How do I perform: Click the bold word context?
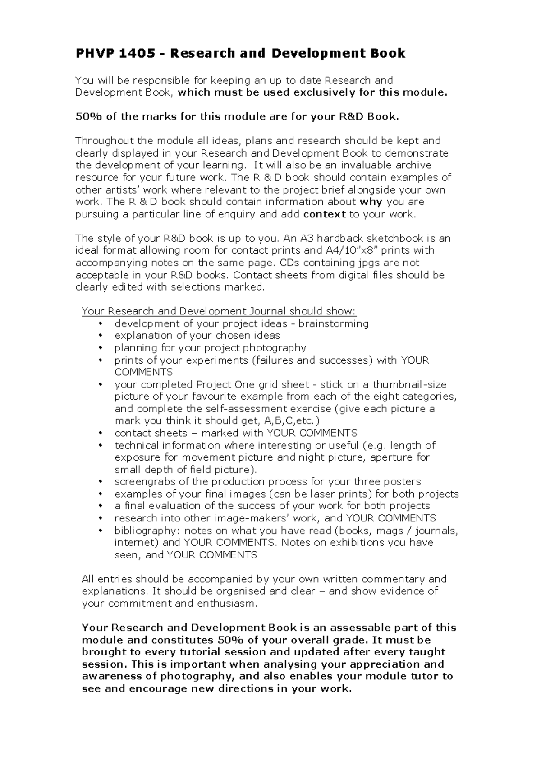(x=325, y=214)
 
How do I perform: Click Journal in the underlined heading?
(x=266, y=311)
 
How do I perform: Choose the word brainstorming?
(x=334, y=323)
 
